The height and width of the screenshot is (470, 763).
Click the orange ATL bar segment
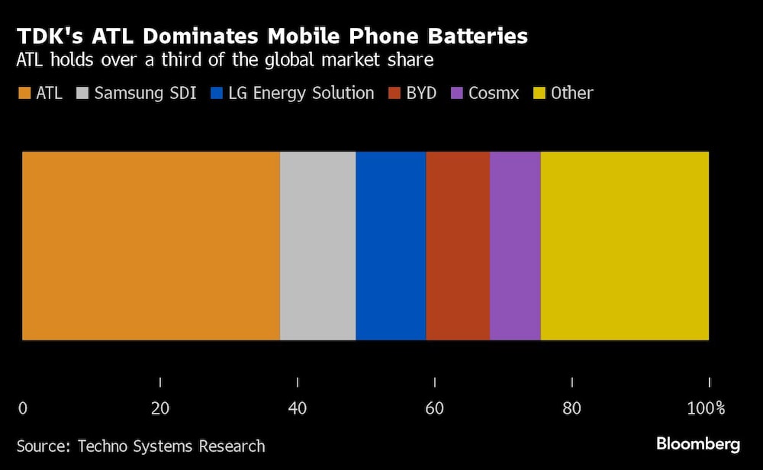pyautogui.click(x=151, y=245)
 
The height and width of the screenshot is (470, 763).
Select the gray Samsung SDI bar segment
pyautogui.click(x=317, y=245)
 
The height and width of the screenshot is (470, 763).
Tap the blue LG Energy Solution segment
pyautogui.click(x=391, y=245)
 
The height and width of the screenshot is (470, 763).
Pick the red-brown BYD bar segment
pyautogui.click(x=458, y=245)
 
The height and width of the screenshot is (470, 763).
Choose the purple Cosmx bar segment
pyautogui.click(x=515, y=245)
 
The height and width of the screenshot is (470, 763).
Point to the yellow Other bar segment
pyautogui.click(x=625, y=245)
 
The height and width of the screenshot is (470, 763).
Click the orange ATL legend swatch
pyautogui.click(x=24, y=94)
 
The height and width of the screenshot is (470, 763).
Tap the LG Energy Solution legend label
pyautogui.click(x=301, y=94)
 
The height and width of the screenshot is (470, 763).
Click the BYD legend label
pyautogui.click(x=420, y=94)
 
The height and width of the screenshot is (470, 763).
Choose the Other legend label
pyautogui.click(x=571, y=94)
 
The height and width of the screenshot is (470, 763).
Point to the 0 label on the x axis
pyautogui.click(x=23, y=409)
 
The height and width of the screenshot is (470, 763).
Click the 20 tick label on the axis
pyautogui.click(x=160, y=409)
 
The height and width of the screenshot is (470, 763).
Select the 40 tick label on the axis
pyautogui.click(x=298, y=409)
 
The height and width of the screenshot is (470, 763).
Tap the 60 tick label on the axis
pyautogui.click(x=434, y=409)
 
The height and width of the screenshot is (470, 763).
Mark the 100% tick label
pyautogui.click(x=706, y=409)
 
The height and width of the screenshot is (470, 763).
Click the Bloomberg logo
pyautogui.click(x=697, y=444)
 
